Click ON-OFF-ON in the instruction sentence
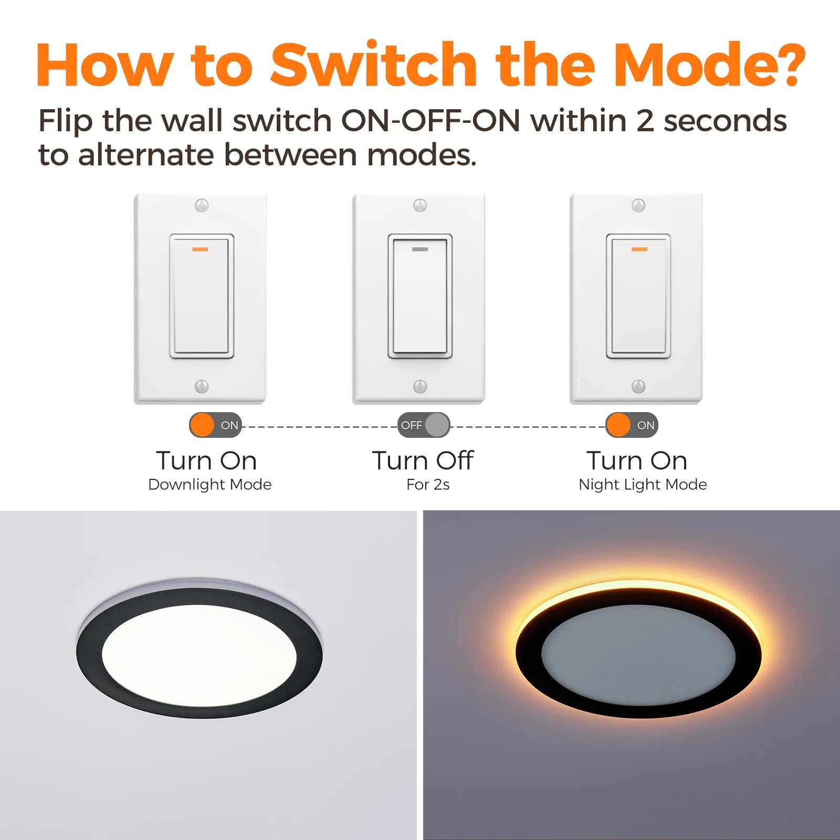point(430,120)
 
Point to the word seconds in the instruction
point(725,121)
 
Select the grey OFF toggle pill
point(424,425)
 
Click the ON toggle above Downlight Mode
point(215,425)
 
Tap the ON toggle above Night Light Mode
point(632,425)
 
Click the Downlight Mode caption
point(210,484)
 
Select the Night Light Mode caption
point(643,484)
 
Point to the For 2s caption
point(428,484)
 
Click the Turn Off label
point(423,460)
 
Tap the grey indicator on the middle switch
point(420,249)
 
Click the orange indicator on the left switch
point(201,249)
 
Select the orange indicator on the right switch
point(639,249)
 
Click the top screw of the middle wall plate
point(420,205)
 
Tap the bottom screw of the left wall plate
point(202,386)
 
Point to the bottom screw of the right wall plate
point(638,386)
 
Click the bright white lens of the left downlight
point(199,656)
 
